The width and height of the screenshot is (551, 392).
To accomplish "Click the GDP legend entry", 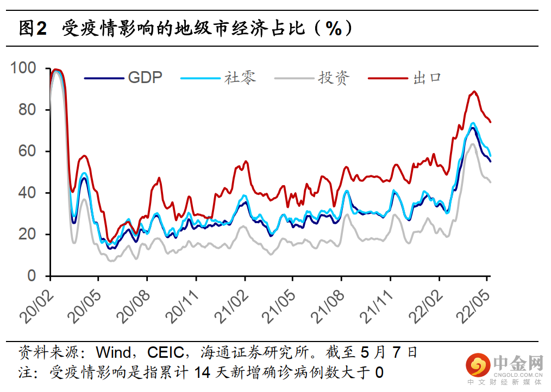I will click(145, 78).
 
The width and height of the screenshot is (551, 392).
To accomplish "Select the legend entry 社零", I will click(240, 78).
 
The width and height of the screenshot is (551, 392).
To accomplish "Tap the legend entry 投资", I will click(334, 78).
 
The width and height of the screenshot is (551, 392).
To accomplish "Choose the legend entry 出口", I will click(427, 78).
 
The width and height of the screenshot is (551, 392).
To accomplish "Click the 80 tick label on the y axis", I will click(28, 110).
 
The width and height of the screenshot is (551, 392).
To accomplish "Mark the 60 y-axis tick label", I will click(28, 151).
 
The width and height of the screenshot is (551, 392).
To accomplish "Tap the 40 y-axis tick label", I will click(28, 193).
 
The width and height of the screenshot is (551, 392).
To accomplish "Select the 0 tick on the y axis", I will click(33, 276).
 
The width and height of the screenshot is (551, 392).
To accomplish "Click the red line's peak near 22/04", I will click(474, 92).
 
